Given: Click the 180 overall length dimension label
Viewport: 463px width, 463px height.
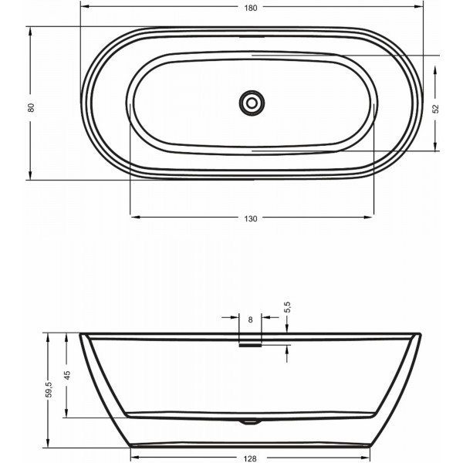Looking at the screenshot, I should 251,8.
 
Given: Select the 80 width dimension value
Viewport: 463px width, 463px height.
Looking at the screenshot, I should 31,107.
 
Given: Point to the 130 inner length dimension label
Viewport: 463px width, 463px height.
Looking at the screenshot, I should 251,218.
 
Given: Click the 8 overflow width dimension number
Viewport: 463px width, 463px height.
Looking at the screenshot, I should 251,319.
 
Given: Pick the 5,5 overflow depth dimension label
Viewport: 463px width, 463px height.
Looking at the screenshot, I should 287,308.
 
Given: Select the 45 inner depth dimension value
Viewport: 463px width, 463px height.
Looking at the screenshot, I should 67,376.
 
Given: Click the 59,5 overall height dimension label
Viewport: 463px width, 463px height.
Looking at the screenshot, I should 49,390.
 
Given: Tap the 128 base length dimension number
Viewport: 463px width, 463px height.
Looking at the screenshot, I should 251,458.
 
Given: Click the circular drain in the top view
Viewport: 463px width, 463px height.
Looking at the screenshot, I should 251,101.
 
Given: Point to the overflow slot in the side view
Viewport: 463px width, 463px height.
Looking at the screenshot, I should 251,344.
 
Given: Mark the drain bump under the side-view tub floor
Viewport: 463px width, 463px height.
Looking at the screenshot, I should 248,422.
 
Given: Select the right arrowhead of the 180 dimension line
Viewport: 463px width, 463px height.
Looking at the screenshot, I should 421,8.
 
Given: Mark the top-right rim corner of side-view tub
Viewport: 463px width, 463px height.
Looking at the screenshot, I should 423,335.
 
